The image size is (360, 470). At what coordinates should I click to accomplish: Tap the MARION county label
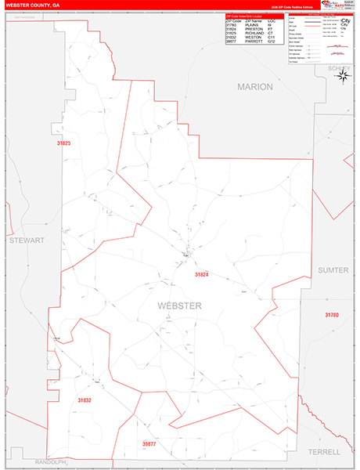(255, 87)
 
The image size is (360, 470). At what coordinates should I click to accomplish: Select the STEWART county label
(27, 240)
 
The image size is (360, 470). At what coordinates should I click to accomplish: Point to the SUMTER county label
(333, 269)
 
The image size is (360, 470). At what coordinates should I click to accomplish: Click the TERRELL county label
(324, 452)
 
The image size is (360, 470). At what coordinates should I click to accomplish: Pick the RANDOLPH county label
(32, 461)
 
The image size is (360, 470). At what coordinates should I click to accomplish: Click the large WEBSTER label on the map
(179, 305)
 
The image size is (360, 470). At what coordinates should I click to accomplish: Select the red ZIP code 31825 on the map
(63, 143)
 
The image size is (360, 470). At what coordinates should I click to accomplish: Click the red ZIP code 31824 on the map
(202, 275)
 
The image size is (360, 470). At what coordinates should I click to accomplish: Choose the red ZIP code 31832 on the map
(85, 400)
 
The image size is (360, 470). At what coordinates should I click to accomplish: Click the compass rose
(345, 77)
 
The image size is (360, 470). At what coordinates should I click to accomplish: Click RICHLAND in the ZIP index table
(254, 32)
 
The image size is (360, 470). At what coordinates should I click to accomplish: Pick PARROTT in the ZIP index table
(254, 41)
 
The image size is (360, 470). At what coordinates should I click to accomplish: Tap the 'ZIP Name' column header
(253, 20)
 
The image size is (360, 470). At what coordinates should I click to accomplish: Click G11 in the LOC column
(271, 36)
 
